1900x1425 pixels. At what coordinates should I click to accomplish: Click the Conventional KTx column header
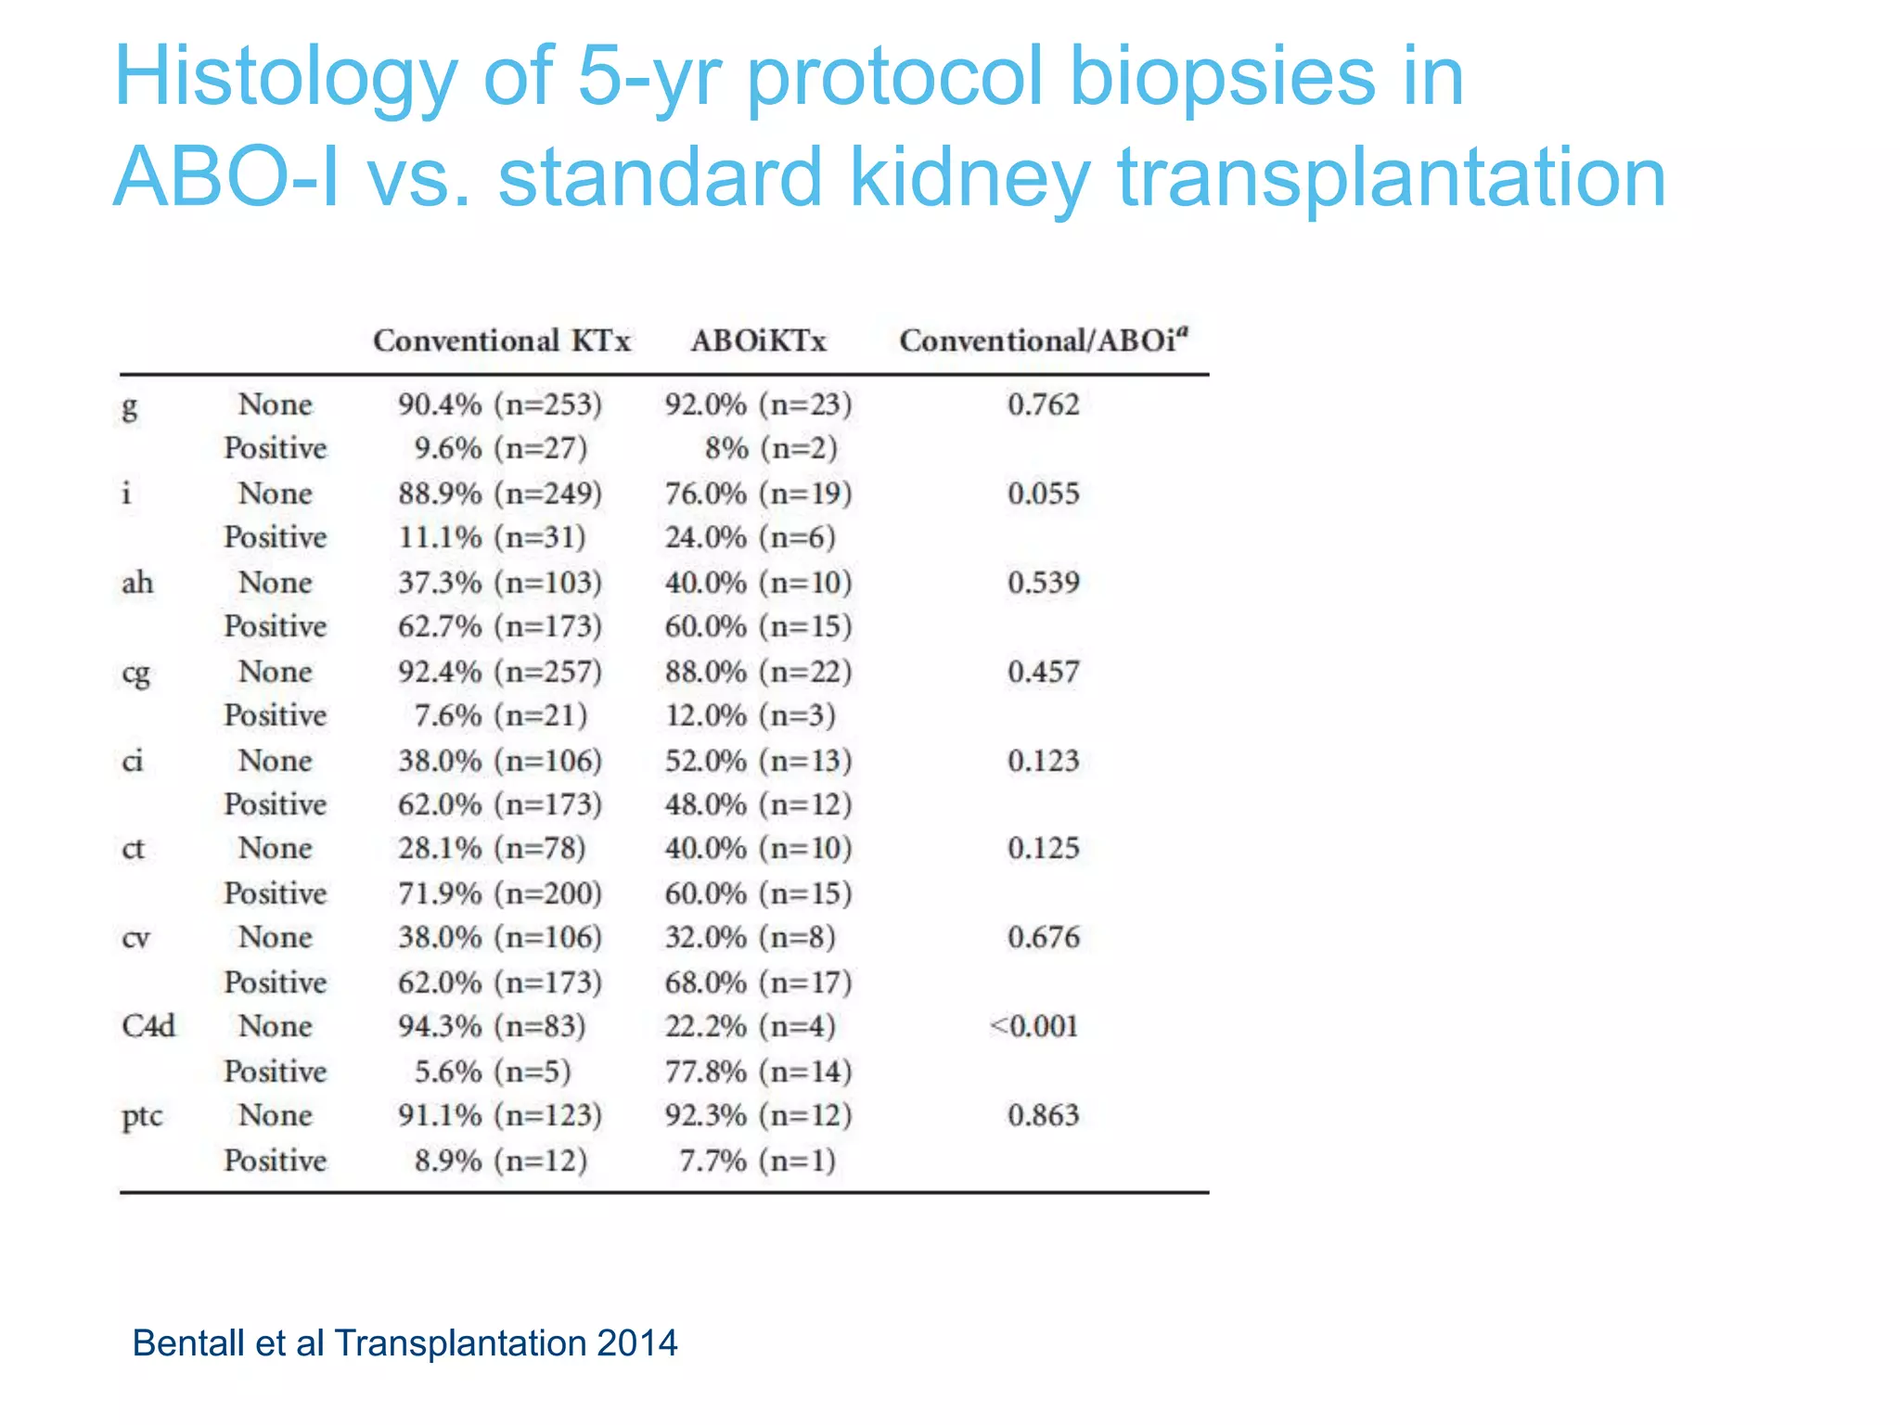click(501, 340)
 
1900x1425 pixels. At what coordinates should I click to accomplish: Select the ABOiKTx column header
click(758, 340)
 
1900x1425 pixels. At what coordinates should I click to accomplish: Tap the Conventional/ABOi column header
click(1043, 340)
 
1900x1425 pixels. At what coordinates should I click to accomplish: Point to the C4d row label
click(148, 1026)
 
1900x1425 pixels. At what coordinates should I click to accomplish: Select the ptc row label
click(142, 1116)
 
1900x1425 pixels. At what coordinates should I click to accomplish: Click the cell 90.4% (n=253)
click(500, 404)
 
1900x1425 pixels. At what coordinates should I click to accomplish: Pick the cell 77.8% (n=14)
click(758, 1072)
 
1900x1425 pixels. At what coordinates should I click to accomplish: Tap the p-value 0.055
click(1044, 493)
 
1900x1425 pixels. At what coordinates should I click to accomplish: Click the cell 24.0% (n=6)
click(750, 537)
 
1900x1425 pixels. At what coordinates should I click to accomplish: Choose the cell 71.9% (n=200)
click(500, 893)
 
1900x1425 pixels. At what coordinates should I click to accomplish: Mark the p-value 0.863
click(1044, 1115)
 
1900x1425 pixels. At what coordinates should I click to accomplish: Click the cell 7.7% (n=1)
click(757, 1161)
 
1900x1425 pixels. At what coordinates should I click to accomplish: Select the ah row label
click(137, 583)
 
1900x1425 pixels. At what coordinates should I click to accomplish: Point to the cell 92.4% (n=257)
click(500, 672)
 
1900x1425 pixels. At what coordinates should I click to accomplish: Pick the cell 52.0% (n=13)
click(758, 761)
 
